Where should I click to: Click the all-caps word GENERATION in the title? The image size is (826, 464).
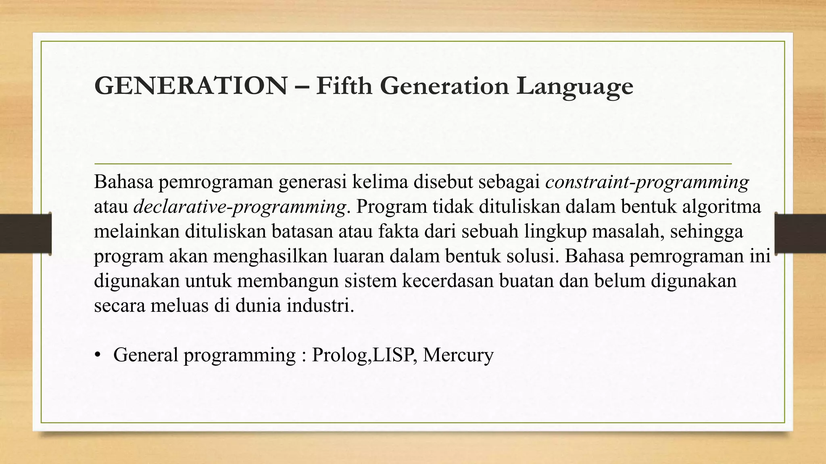[x=190, y=86]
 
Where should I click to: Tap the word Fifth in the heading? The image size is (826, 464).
[x=344, y=86]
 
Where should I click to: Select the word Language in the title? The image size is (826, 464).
[x=575, y=87]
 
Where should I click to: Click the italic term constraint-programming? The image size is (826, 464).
[x=647, y=182]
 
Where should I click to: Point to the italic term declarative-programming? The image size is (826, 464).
[x=240, y=207]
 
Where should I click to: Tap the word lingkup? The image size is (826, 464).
[x=556, y=232]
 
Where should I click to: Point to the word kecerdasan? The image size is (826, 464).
[x=448, y=281]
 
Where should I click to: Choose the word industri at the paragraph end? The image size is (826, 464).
[x=320, y=306]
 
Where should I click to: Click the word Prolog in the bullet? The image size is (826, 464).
[x=339, y=355]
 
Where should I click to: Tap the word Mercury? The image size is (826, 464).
[x=458, y=355]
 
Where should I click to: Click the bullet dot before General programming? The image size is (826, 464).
[x=97, y=355]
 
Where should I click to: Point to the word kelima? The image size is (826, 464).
[x=380, y=182]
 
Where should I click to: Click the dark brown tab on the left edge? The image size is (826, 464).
[x=25, y=234]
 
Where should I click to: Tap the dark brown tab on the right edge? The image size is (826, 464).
[x=801, y=234]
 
